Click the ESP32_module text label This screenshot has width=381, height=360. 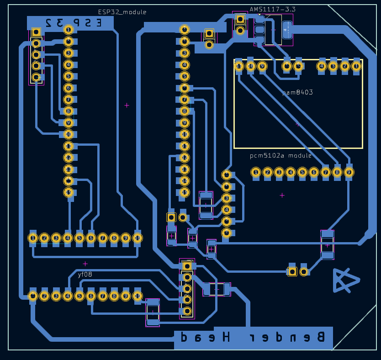pyautogui.click(x=122, y=12)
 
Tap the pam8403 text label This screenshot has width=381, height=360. pyautogui.click(x=297, y=92)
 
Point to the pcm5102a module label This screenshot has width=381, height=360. pyautogui.click(x=281, y=155)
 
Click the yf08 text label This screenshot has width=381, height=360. pyautogui.click(x=85, y=275)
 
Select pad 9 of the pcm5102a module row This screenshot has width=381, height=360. pyautogui.click(x=349, y=172)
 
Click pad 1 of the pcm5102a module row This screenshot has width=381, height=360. pyautogui.click(x=256, y=172)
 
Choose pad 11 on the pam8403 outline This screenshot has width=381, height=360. pyautogui.click(x=239, y=66)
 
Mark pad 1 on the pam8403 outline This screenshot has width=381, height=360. pyautogui.click(x=356, y=66)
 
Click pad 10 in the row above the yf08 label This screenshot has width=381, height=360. pyautogui.click(x=138, y=238)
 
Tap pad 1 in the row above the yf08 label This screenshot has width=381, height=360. pyautogui.click(x=32, y=238)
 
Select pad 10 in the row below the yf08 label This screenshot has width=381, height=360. pyautogui.click(x=138, y=296)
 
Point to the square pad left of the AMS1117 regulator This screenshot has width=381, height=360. pyautogui.click(x=240, y=19)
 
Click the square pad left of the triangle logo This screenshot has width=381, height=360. pyautogui.click(x=292, y=271)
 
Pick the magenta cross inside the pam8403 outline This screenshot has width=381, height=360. pyautogui.click(x=297, y=124)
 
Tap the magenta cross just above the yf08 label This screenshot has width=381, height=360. pyautogui.click(x=85, y=264)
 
